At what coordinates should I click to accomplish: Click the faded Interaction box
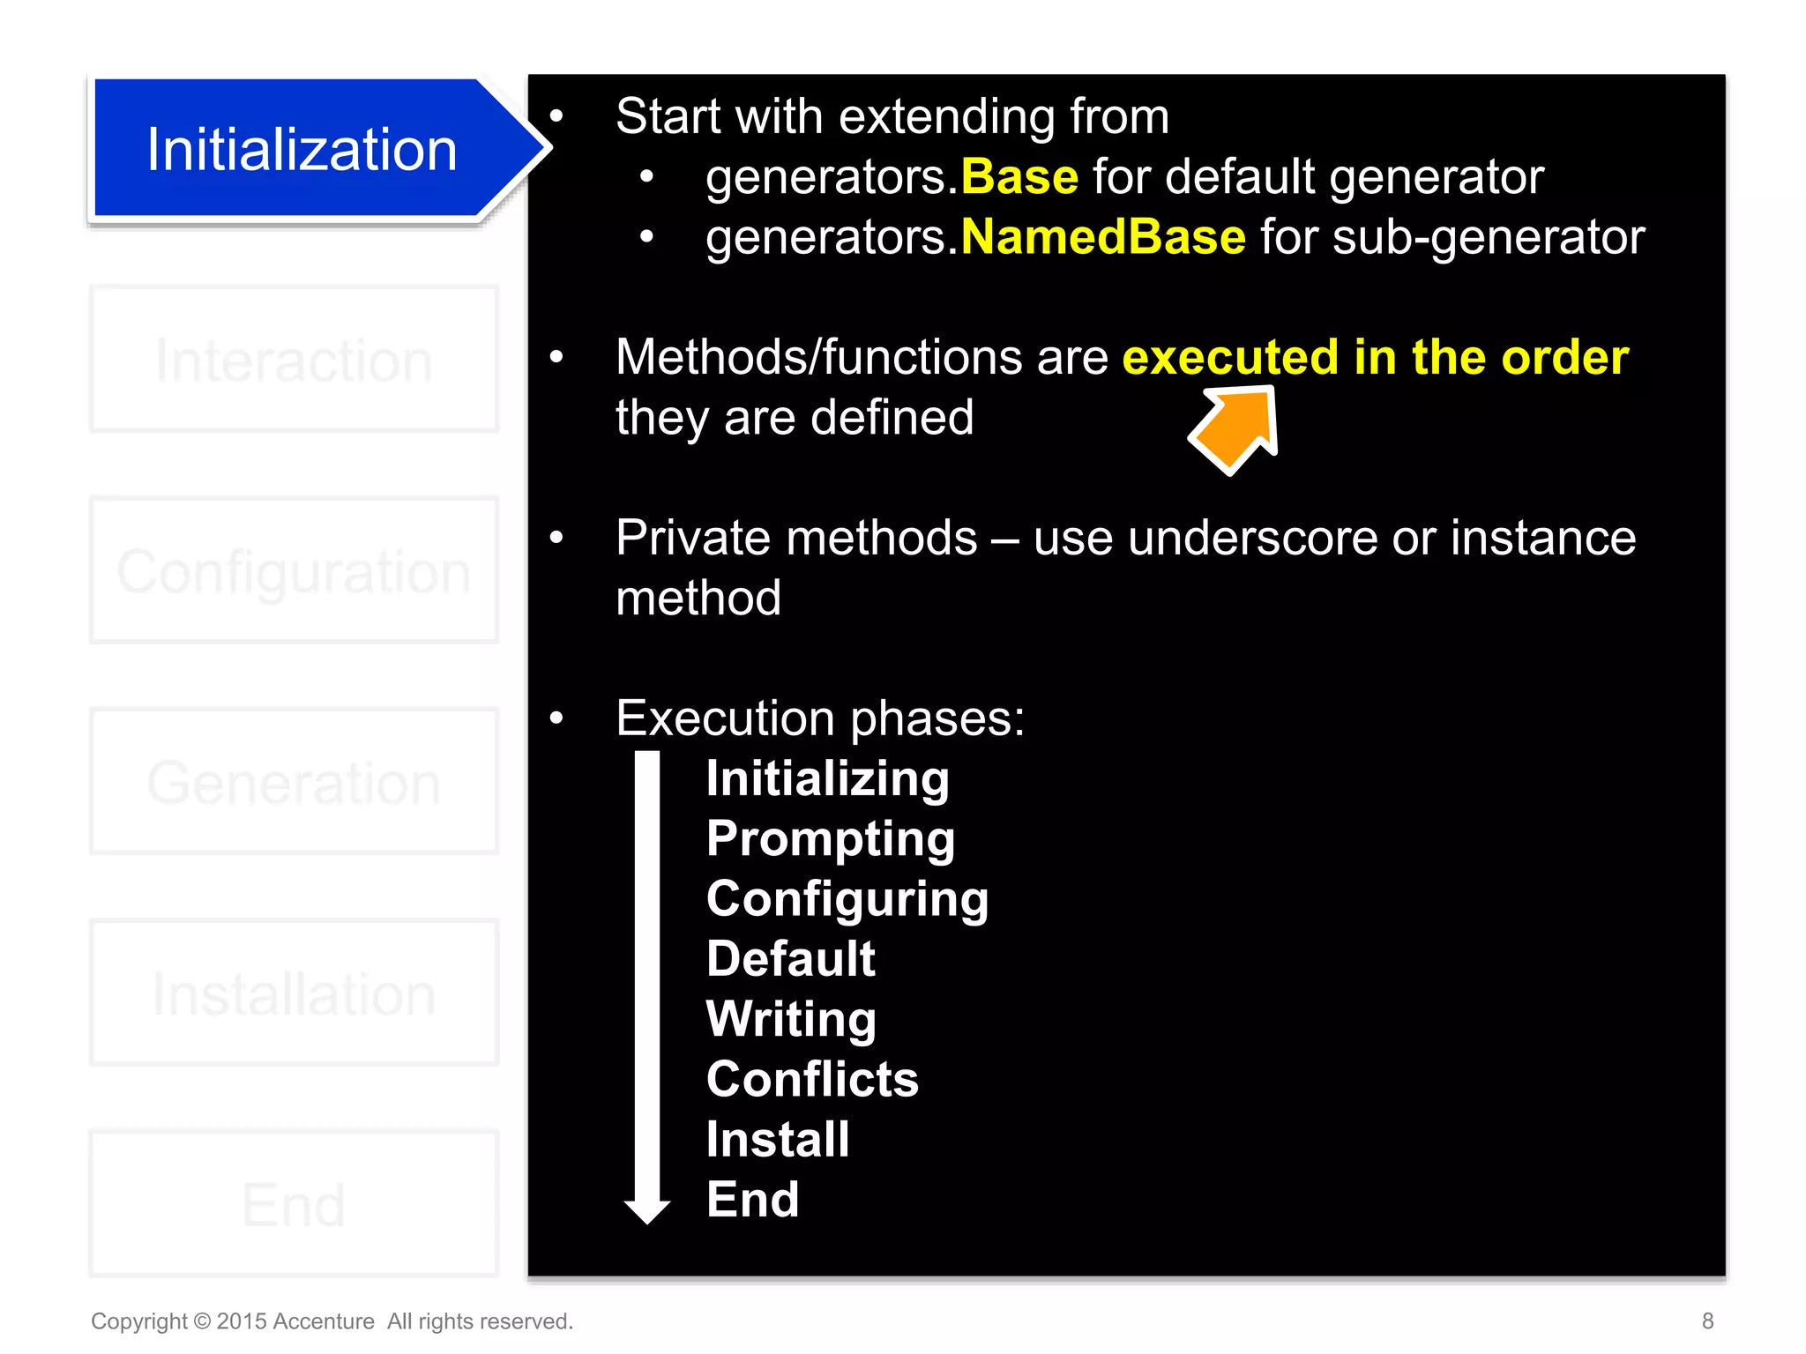(294, 360)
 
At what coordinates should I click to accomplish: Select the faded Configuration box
(294, 570)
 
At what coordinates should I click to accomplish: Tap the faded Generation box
(294, 782)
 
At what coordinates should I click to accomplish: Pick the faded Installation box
(294, 993)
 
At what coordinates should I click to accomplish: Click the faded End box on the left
(294, 1204)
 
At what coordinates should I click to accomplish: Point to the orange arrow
(1236, 428)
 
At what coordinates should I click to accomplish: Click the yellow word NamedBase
(1102, 237)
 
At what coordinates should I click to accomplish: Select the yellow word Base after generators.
(1019, 177)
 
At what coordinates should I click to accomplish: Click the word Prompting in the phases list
(830, 838)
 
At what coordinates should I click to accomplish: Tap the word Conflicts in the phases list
(812, 1079)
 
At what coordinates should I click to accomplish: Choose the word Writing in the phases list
(791, 1019)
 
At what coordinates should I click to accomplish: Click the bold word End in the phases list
(752, 1200)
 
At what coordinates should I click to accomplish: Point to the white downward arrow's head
(647, 1210)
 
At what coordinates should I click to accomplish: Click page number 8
(1707, 1321)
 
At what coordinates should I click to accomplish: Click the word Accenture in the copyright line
(324, 1321)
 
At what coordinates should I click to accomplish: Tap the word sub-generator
(1488, 237)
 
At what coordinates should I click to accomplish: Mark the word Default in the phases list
(790, 959)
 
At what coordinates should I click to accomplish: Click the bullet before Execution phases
(556, 718)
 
